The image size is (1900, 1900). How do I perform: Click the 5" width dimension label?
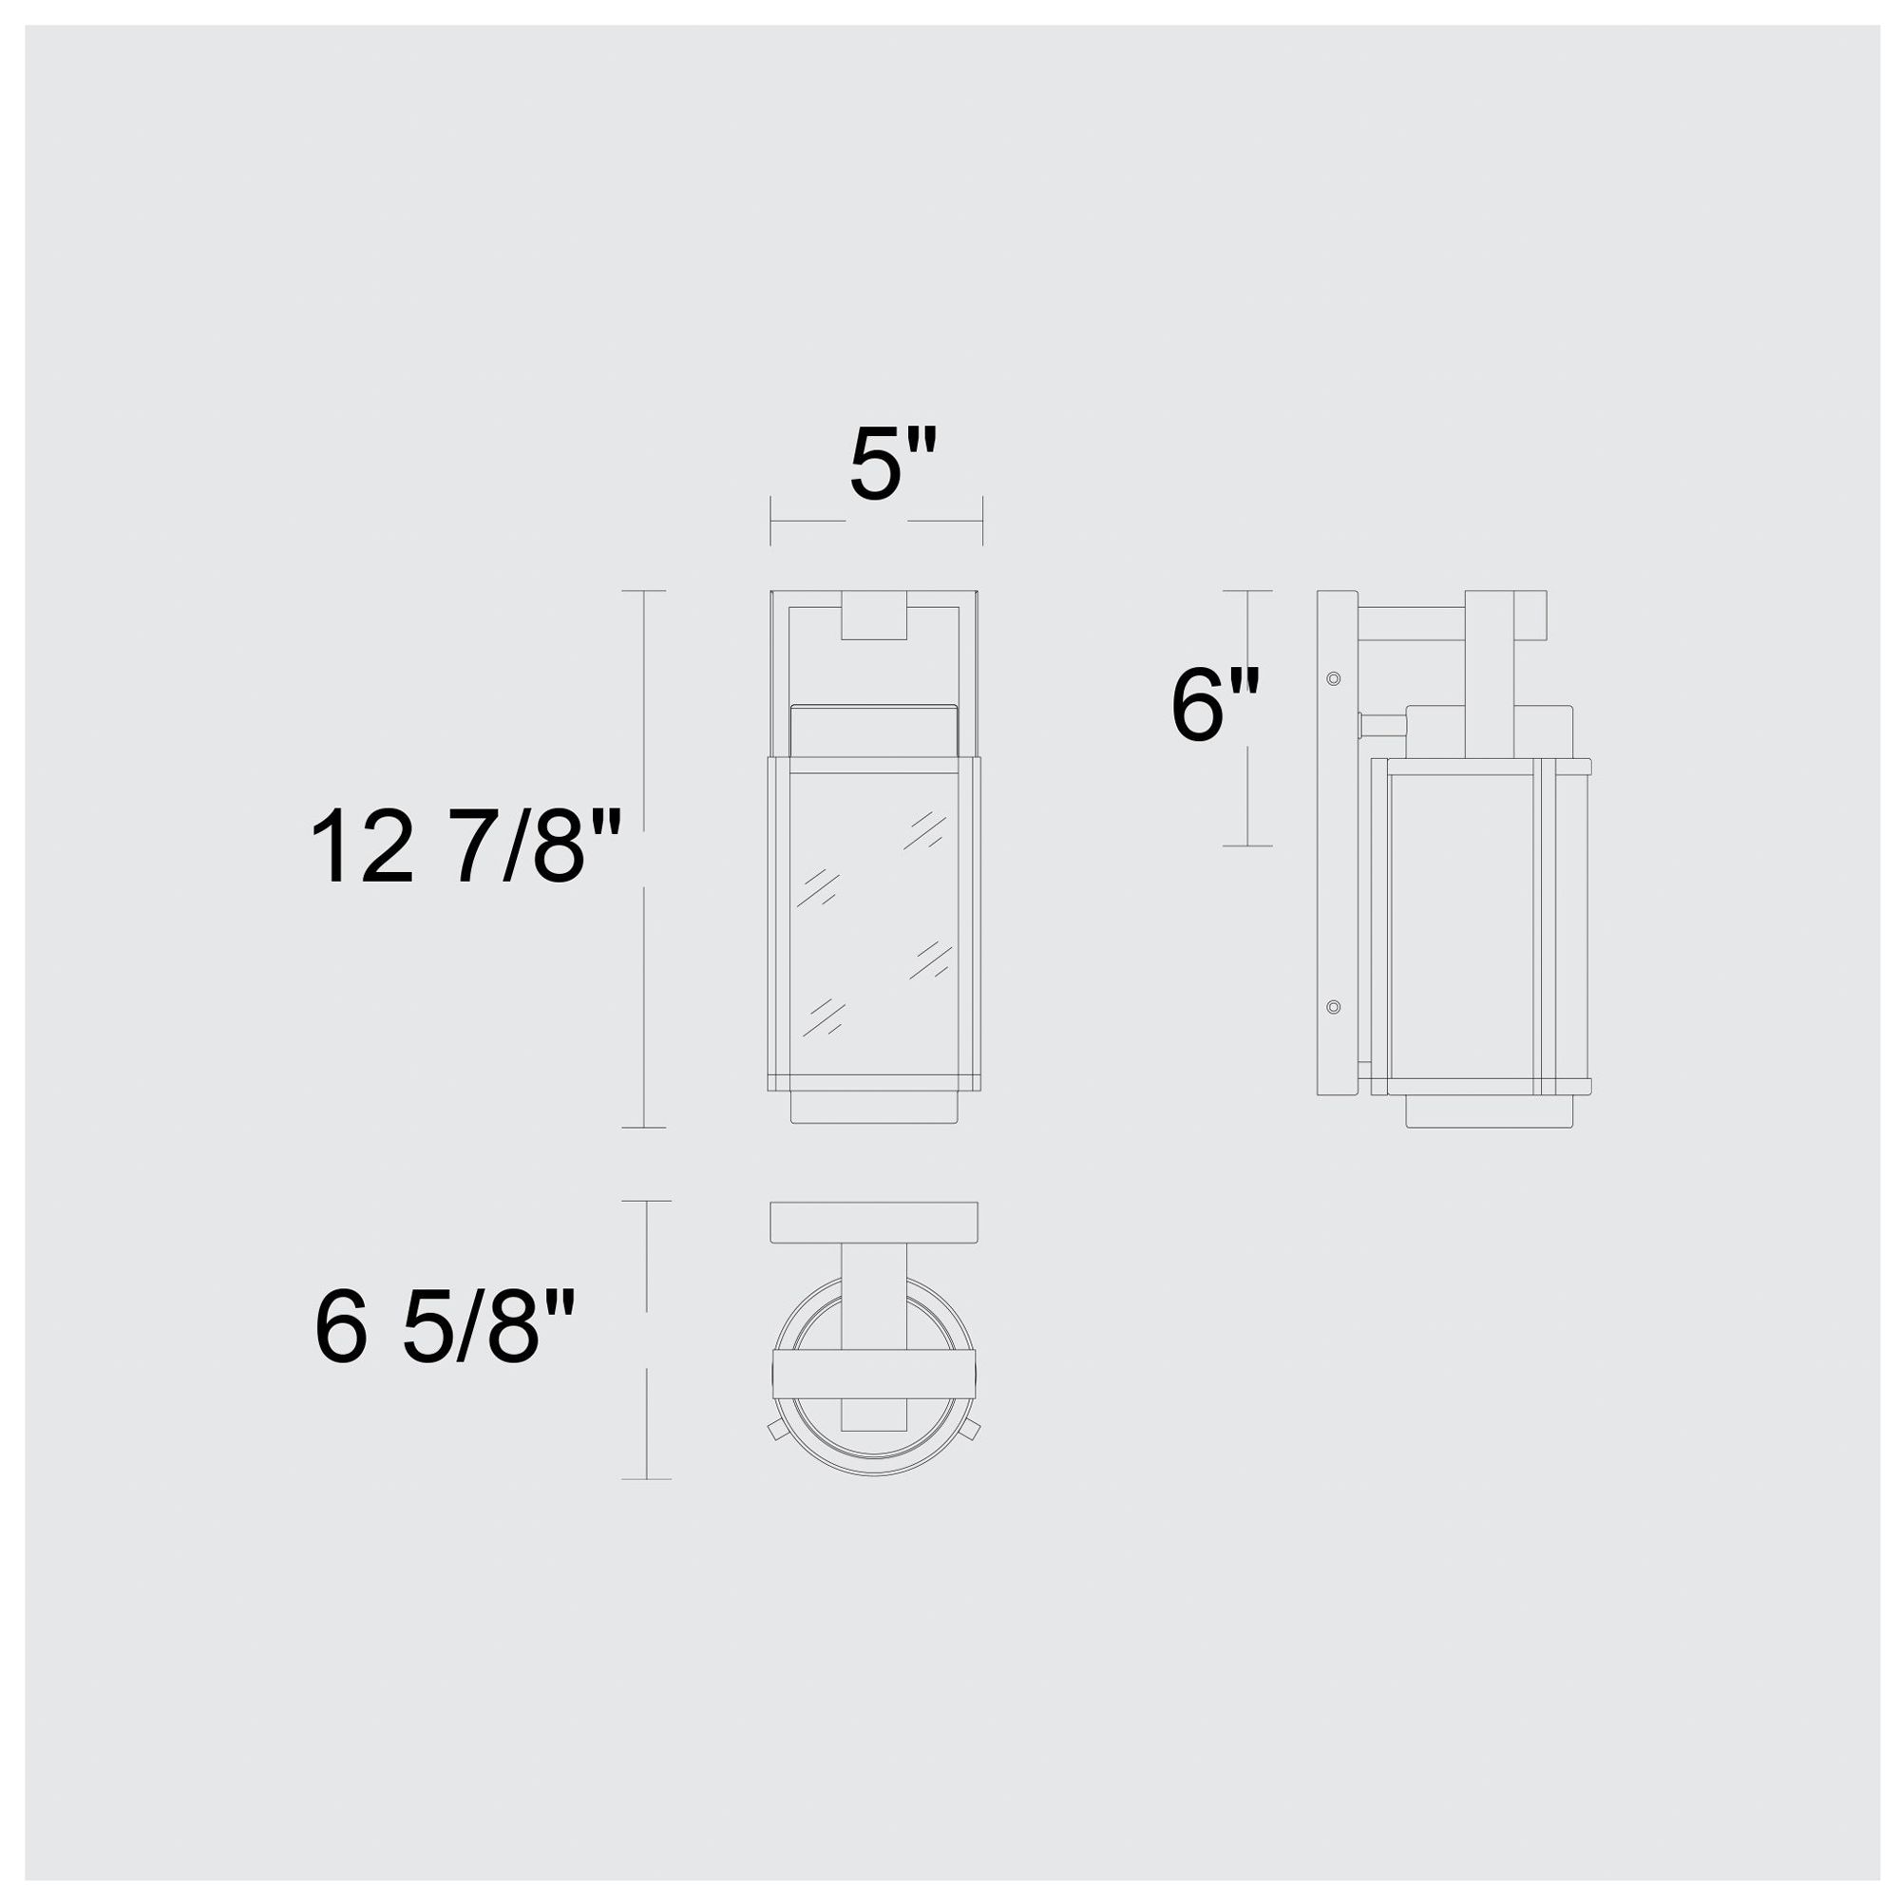891,465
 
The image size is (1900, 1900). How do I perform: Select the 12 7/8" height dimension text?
465,846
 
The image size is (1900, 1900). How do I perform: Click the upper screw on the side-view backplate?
1334,678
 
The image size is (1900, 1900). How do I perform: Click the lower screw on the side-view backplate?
1334,1006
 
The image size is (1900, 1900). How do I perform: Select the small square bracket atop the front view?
874,616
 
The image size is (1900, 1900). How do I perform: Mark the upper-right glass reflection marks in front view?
924,831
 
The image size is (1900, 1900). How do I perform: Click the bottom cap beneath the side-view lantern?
1489,1111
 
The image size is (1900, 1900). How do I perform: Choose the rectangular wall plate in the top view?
873,1222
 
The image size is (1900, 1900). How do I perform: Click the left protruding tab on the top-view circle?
776,1430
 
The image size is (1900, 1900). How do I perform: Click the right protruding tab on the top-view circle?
972,1428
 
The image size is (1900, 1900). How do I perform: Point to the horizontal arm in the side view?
1412,623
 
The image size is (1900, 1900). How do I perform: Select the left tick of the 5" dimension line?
771,522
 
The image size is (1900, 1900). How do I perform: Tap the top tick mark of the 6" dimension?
1247,591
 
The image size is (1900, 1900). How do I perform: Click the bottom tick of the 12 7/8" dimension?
644,1127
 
